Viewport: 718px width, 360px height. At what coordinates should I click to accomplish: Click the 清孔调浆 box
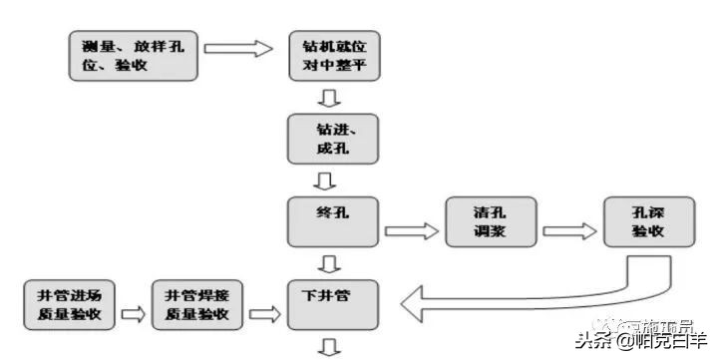pyautogui.click(x=491, y=220)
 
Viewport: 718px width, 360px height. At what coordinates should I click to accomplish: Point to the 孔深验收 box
pyautogui.click(x=648, y=220)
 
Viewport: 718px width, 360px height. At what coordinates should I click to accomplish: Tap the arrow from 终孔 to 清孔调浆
pyautogui.click(x=411, y=230)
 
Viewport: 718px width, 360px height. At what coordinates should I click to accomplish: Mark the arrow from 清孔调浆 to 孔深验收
pyautogui.click(x=568, y=230)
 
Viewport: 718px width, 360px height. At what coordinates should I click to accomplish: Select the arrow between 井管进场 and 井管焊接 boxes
pyautogui.click(x=132, y=314)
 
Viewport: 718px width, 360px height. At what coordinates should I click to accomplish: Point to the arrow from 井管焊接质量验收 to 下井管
pyautogui.click(x=262, y=314)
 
